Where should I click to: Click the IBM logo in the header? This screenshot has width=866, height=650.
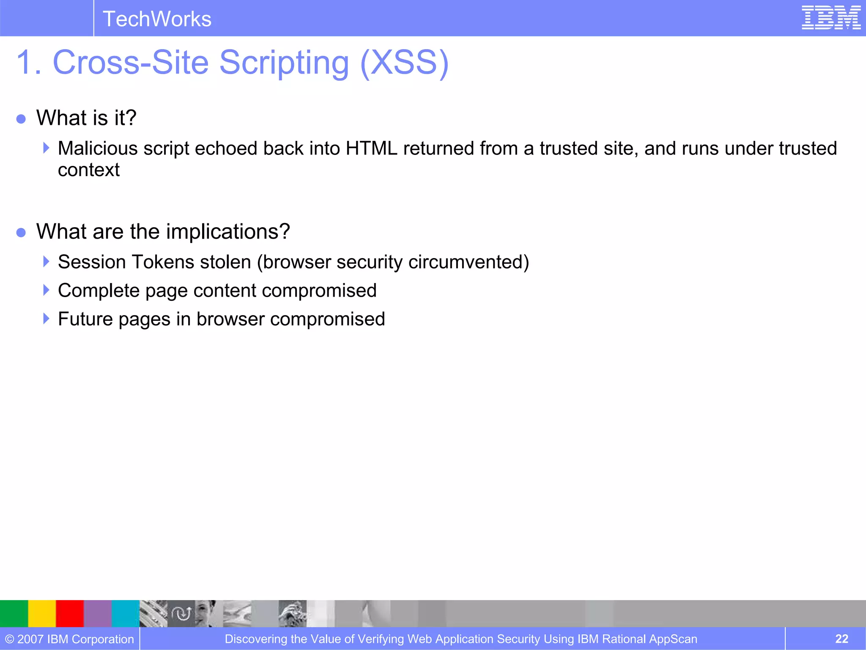(831, 18)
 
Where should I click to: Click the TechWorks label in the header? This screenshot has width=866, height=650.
(157, 19)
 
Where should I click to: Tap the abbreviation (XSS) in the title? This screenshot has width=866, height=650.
(404, 63)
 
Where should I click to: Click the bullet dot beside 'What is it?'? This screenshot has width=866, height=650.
(21, 118)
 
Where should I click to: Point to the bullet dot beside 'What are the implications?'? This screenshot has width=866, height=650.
(21, 232)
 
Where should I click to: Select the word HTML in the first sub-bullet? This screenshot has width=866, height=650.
(371, 149)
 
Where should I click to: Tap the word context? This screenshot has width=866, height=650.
(89, 170)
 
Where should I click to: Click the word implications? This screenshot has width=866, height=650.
(228, 232)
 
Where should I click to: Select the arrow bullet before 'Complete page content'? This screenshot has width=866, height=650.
(46, 290)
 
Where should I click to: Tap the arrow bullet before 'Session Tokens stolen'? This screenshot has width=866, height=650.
(46, 262)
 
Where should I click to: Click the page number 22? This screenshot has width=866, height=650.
(841, 639)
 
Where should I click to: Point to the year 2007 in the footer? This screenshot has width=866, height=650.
(30, 639)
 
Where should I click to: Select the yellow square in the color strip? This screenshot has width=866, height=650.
(42, 613)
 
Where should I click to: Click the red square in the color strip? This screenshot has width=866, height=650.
(70, 613)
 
